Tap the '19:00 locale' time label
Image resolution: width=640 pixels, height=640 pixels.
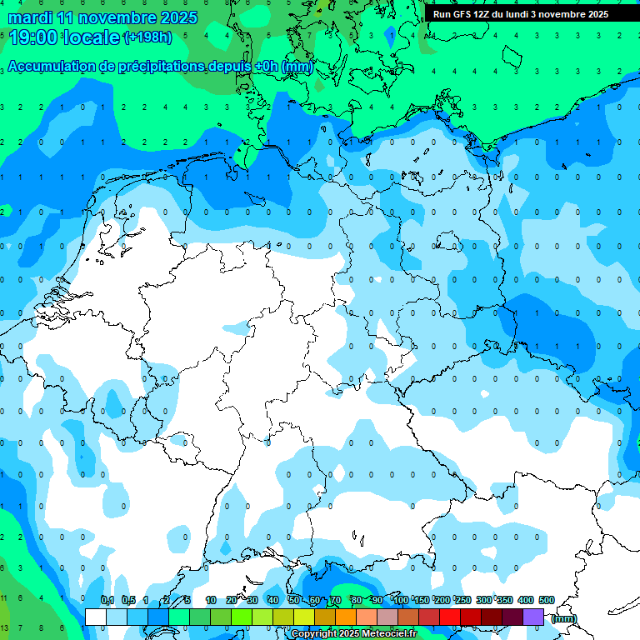pos(64,37)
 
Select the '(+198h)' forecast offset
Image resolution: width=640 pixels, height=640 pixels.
pos(148,37)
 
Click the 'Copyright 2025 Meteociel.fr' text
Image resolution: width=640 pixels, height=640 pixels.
pos(354,634)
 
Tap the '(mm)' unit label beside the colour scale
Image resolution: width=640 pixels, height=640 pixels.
pos(564,618)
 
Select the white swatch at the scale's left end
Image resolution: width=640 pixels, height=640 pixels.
pos(96,617)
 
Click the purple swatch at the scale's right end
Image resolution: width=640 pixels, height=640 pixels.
pos(533,617)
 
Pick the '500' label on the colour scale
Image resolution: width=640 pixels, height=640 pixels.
pos(546,600)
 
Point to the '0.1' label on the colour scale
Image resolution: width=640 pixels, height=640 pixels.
pos(107,600)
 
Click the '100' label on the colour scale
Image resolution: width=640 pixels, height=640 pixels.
pos(400,600)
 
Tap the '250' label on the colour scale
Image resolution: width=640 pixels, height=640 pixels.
pos(462,600)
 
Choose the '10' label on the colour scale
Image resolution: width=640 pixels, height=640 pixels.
pos(211,600)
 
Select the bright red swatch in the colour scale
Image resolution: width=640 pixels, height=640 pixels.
pos(450,617)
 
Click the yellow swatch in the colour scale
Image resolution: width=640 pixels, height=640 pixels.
pos(304,617)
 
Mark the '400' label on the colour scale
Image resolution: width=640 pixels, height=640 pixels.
pos(525,600)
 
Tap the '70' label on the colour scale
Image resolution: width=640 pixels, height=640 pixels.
pos(336,600)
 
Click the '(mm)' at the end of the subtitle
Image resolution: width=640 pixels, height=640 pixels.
pos(297,67)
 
